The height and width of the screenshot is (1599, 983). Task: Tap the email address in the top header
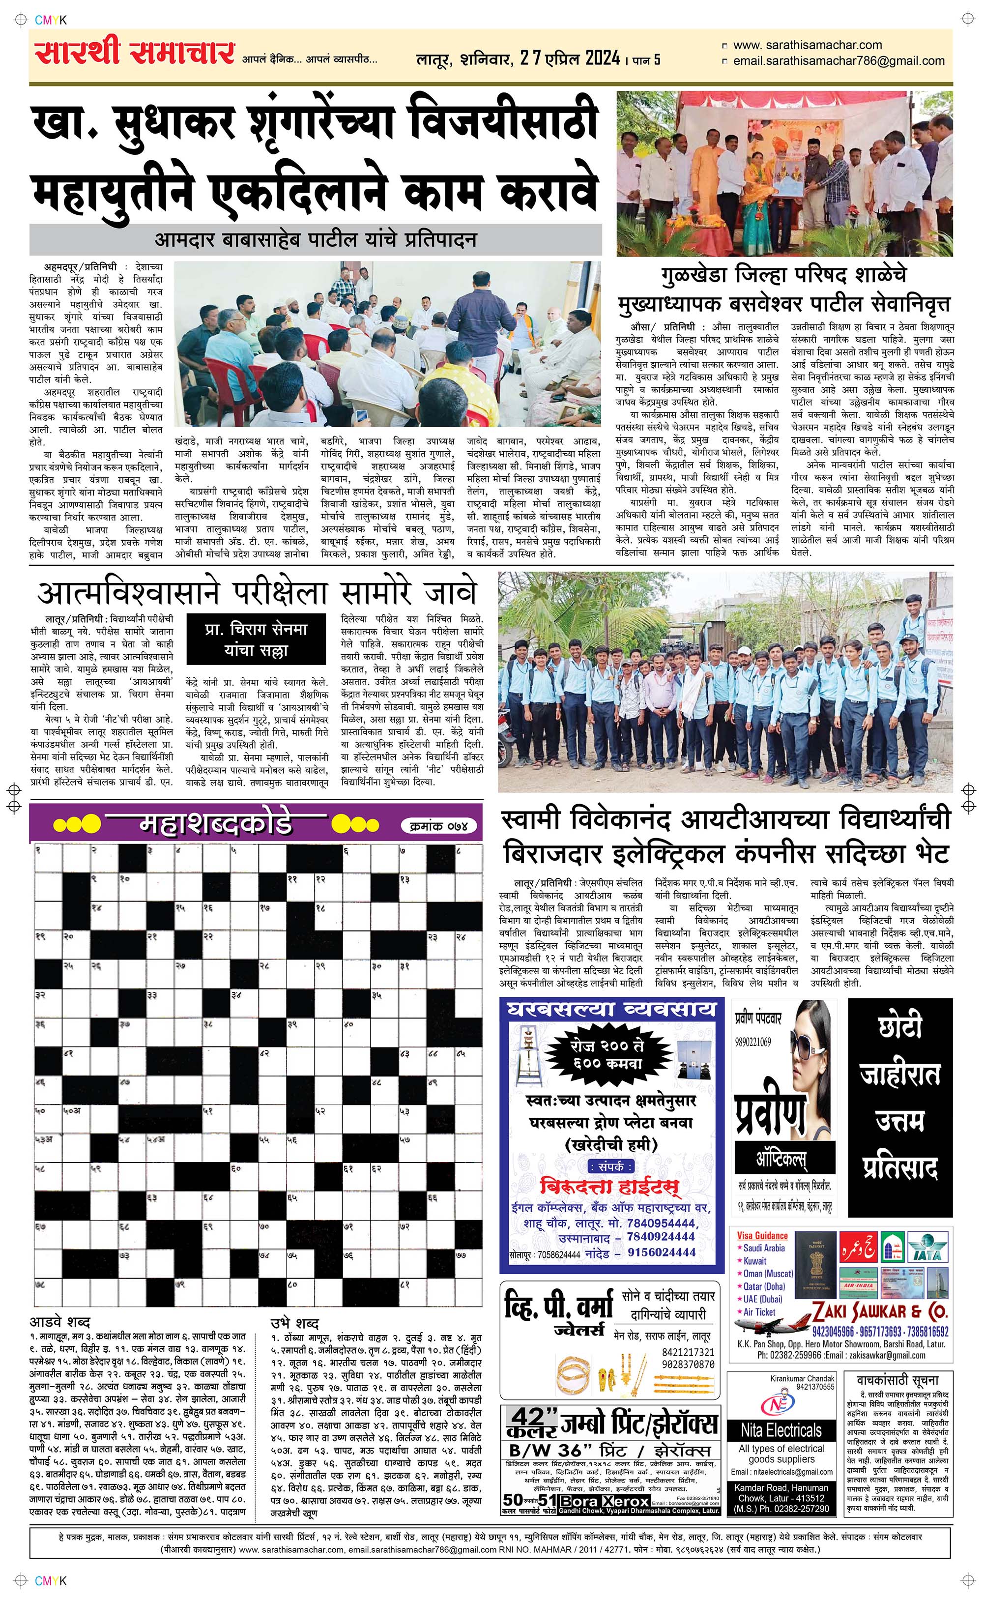838,61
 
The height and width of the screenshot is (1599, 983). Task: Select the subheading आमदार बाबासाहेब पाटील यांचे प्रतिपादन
316,239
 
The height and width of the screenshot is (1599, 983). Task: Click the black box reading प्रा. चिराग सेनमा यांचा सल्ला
256,640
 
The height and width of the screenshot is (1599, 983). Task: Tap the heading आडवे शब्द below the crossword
60,1322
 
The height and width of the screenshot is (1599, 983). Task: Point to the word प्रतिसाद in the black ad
900,1168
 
